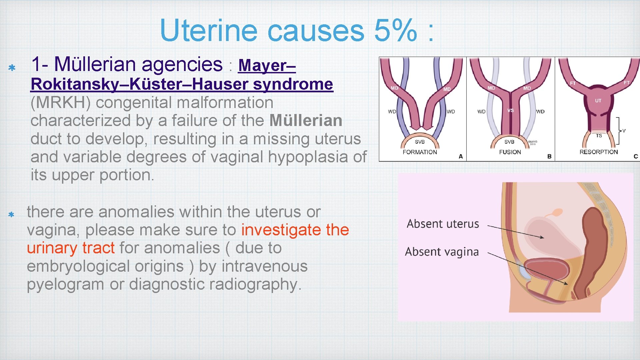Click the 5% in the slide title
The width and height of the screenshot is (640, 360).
point(395,30)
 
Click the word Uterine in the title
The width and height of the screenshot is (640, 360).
point(209,30)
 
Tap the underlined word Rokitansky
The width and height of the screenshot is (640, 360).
point(74,84)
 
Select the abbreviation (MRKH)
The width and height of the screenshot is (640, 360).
point(60,102)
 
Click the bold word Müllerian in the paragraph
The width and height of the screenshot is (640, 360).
point(306,120)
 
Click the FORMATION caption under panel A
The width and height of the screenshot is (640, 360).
point(420,152)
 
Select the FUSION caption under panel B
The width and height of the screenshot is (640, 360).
point(510,152)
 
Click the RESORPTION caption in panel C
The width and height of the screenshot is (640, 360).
point(598,152)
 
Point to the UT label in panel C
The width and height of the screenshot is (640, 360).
point(598,100)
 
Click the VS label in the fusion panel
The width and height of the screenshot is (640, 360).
point(510,110)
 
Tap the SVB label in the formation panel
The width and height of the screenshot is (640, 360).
point(420,142)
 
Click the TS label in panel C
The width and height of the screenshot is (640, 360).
point(599,136)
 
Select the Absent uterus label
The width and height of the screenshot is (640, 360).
point(443,224)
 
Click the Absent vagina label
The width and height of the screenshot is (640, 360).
point(442,252)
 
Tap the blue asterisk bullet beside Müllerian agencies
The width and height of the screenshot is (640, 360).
point(12,68)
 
